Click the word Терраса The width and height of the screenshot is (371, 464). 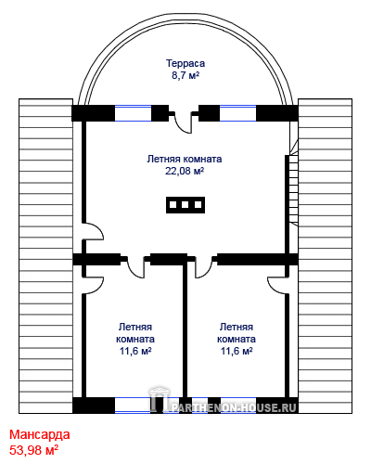click(185, 63)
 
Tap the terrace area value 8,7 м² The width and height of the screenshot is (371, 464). click(185, 75)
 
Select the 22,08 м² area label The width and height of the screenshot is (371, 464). click(185, 171)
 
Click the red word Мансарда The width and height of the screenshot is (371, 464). click(40, 434)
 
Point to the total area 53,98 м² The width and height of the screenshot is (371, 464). click(34, 450)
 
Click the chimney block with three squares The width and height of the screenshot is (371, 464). click(185, 205)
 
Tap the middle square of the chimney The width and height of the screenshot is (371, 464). click(185, 205)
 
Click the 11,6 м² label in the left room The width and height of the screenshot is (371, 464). click(135, 351)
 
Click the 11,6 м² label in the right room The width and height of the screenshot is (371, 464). click(237, 351)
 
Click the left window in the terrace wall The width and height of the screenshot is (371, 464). click(134, 113)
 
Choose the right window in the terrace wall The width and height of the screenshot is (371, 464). click(238, 113)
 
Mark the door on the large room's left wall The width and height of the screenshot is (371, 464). click(93, 231)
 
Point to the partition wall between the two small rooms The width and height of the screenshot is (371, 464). click(185, 331)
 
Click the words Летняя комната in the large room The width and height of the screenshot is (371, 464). click(185, 159)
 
